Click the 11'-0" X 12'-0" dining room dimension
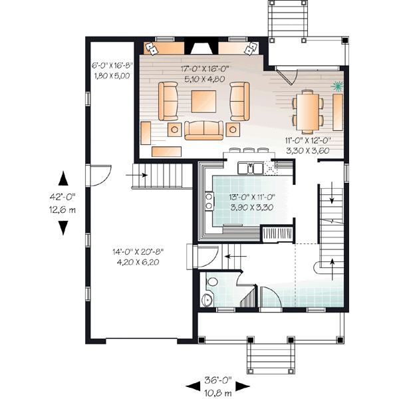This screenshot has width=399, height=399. coord(309,146)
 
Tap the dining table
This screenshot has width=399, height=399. coord(309,108)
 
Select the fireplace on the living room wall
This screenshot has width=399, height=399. coord(199,47)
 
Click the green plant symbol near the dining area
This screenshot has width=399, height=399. coord(338,86)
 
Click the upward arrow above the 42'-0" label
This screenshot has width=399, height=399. coord(63,178)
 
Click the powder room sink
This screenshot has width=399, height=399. coord(207,301)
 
